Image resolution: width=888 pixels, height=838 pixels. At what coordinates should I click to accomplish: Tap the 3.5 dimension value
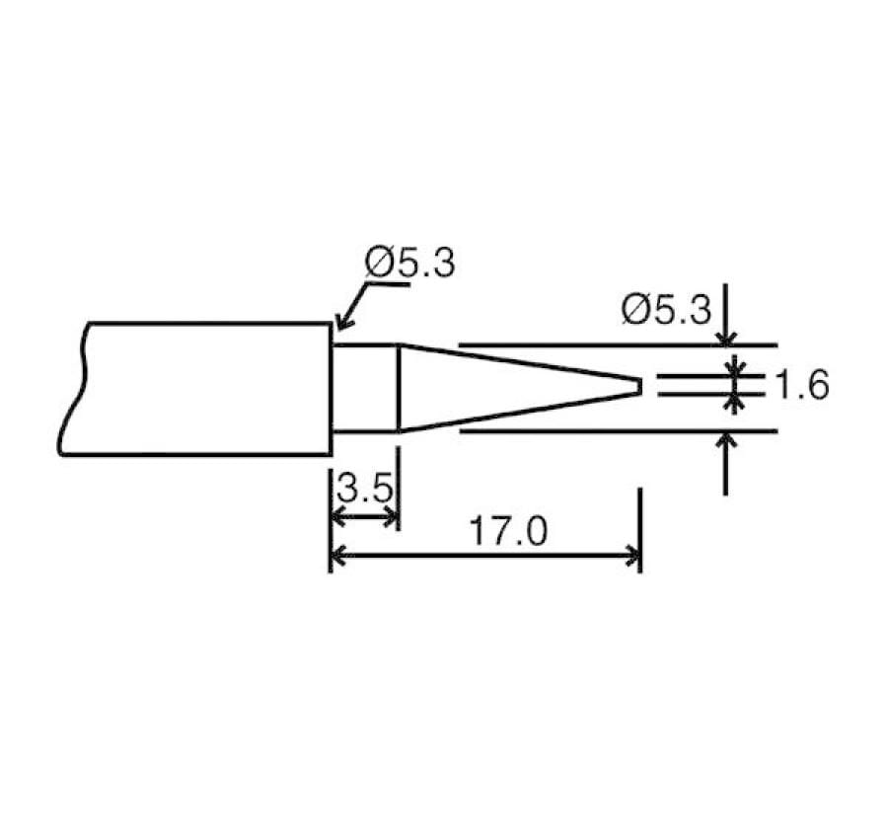click(364, 488)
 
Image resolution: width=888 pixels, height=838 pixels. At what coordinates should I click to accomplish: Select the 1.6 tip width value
click(800, 385)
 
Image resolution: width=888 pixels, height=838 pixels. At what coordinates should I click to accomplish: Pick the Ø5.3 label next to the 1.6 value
click(666, 310)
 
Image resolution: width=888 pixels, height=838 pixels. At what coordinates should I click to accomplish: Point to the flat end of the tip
click(640, 386)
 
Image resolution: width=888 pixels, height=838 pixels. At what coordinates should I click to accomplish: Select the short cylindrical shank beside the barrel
click(364, 388)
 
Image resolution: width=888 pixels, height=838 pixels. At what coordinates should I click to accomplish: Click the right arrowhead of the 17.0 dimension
click(632, 558)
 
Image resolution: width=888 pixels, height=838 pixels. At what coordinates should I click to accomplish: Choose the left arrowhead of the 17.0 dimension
click(337, 558)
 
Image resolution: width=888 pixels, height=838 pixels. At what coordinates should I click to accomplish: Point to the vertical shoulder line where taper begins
click(399, 388)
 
